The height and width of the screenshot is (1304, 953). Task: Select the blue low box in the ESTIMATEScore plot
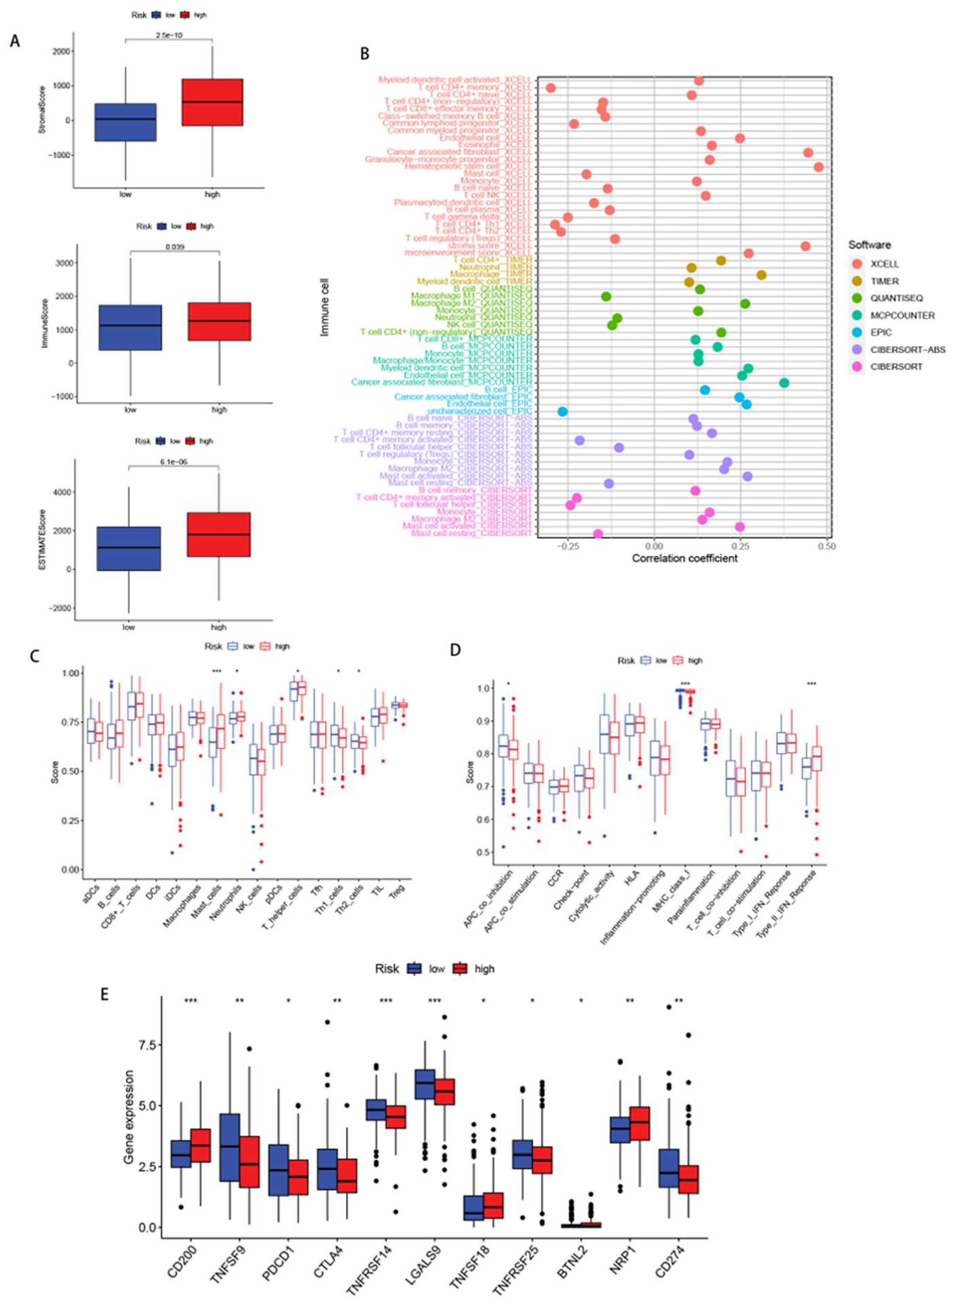tap(128, 548)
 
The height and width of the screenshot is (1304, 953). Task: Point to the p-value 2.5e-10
tap(169, 35)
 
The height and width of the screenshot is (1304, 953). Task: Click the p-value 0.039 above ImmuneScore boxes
tap(175, 247)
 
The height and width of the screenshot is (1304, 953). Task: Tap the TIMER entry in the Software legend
tap(884, 281)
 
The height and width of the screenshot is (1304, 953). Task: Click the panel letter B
tap(364, 54)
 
